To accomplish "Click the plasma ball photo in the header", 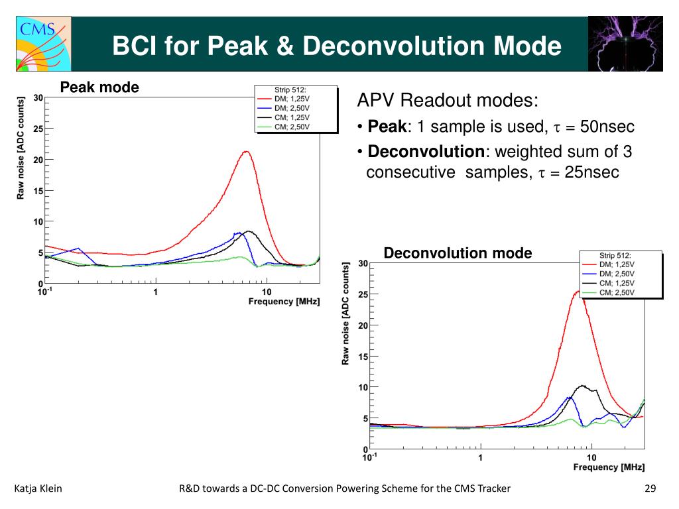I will (625, 43).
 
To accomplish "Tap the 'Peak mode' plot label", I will (99, 87).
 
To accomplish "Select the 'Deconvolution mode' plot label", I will (458, 253).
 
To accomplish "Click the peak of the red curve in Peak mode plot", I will (246, 152).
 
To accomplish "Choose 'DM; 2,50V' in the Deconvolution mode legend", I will (617, 274).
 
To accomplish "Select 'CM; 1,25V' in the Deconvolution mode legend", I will (617, 283).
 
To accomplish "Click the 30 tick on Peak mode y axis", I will (38, 98).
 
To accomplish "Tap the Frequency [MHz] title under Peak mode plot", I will (284, 302).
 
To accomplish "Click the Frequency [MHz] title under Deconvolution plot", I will (609, 467).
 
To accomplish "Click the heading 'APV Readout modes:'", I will (448, 101).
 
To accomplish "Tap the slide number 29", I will (649, 489).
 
